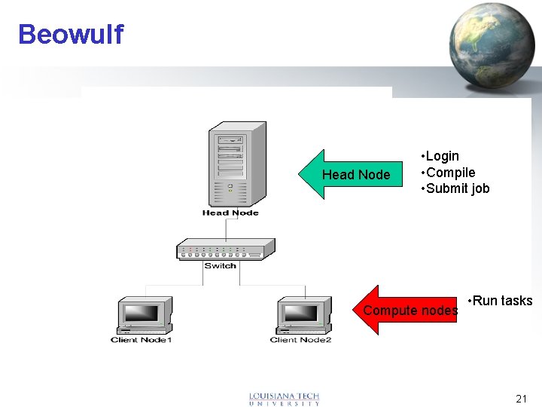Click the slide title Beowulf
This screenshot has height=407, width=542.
coord(70,35)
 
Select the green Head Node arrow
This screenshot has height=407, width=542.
coord(351,175)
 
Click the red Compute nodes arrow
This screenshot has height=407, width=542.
coord(406,310)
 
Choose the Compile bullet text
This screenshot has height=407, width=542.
coord(449,173)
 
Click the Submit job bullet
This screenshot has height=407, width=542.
coord(456,188)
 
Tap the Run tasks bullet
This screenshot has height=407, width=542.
coord(501,301)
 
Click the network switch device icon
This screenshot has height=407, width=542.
coord(220,249)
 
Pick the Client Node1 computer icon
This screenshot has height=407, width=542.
coord(143,315)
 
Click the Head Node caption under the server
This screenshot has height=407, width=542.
coord(230,213)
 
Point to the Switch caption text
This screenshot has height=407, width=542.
coord(220,265)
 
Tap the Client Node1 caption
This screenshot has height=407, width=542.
coord(142,340)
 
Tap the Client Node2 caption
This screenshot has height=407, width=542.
coord(301,340)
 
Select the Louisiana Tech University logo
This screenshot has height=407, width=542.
coord(285,399)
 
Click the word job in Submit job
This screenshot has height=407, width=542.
coord(480,188)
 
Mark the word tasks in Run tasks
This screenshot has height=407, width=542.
coord(516,301)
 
